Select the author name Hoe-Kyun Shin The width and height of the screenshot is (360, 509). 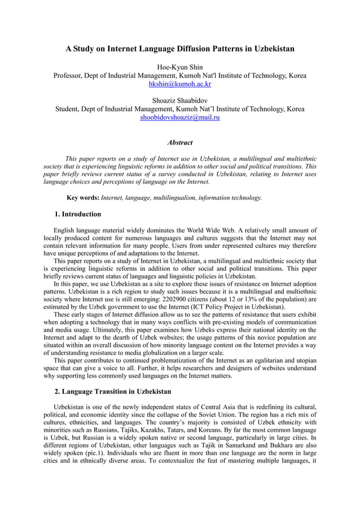pos(179,67)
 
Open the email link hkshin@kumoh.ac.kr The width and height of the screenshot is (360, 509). pos(179,84)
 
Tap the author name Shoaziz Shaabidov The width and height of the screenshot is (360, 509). pos(179,100)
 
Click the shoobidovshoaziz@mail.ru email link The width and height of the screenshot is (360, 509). pos(179,117)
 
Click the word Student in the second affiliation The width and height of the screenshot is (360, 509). pos(68,109)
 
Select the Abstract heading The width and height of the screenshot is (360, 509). pos(179,143)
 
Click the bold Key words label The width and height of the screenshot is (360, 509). pos(82,198)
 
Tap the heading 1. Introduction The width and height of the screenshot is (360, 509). pos(78,214)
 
